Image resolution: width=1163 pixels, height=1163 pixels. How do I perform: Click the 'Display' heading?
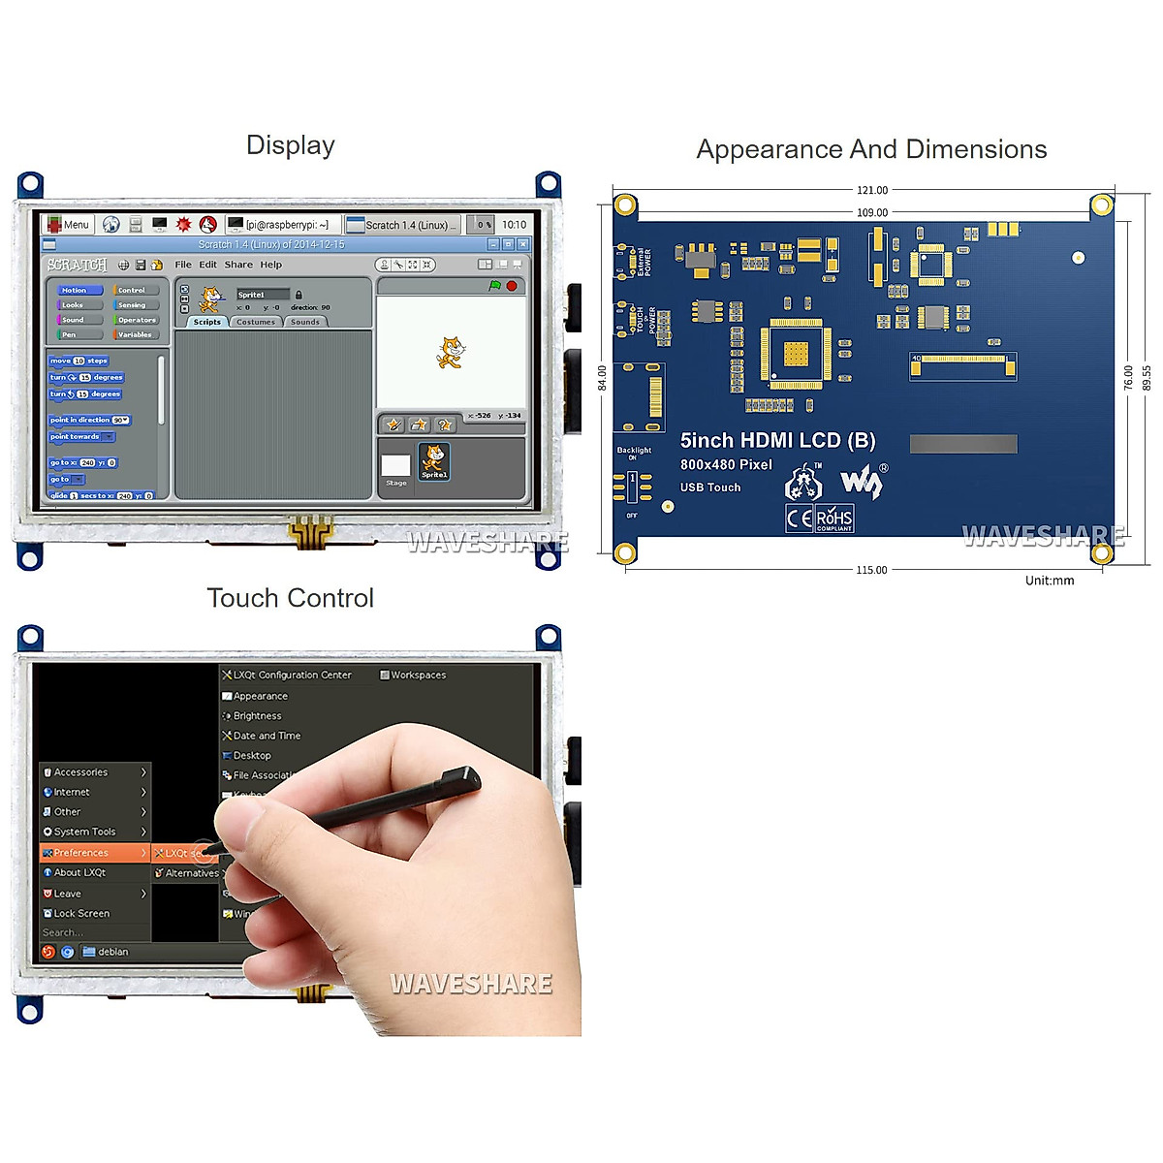[291, 145]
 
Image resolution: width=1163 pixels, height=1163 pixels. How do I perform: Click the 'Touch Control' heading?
[290, 598]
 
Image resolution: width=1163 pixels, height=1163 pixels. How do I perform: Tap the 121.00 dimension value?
[871, 190]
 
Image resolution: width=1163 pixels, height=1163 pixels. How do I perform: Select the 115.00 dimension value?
[870, 570]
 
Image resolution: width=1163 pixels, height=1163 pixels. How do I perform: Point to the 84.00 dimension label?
[602, 378]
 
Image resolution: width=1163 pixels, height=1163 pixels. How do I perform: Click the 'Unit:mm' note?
[1050, 581]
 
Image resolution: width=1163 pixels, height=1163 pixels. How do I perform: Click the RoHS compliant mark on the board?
[833, 519]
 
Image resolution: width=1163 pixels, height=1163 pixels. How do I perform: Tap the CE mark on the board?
[800, 519]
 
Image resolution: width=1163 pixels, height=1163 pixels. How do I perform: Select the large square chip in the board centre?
[796, 355]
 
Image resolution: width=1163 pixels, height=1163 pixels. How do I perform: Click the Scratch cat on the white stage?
[449, 352]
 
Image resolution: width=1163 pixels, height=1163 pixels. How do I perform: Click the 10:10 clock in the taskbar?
[514, 225]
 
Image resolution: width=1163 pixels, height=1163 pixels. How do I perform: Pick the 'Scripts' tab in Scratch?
[206, 322]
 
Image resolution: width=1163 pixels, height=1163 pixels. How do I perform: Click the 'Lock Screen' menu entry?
[81, 913]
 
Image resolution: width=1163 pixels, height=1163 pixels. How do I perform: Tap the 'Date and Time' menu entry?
[266, 736]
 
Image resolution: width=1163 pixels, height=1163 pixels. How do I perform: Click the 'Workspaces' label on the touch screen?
[418, 675]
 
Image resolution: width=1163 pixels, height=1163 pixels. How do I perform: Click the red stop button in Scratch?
[512, 286]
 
